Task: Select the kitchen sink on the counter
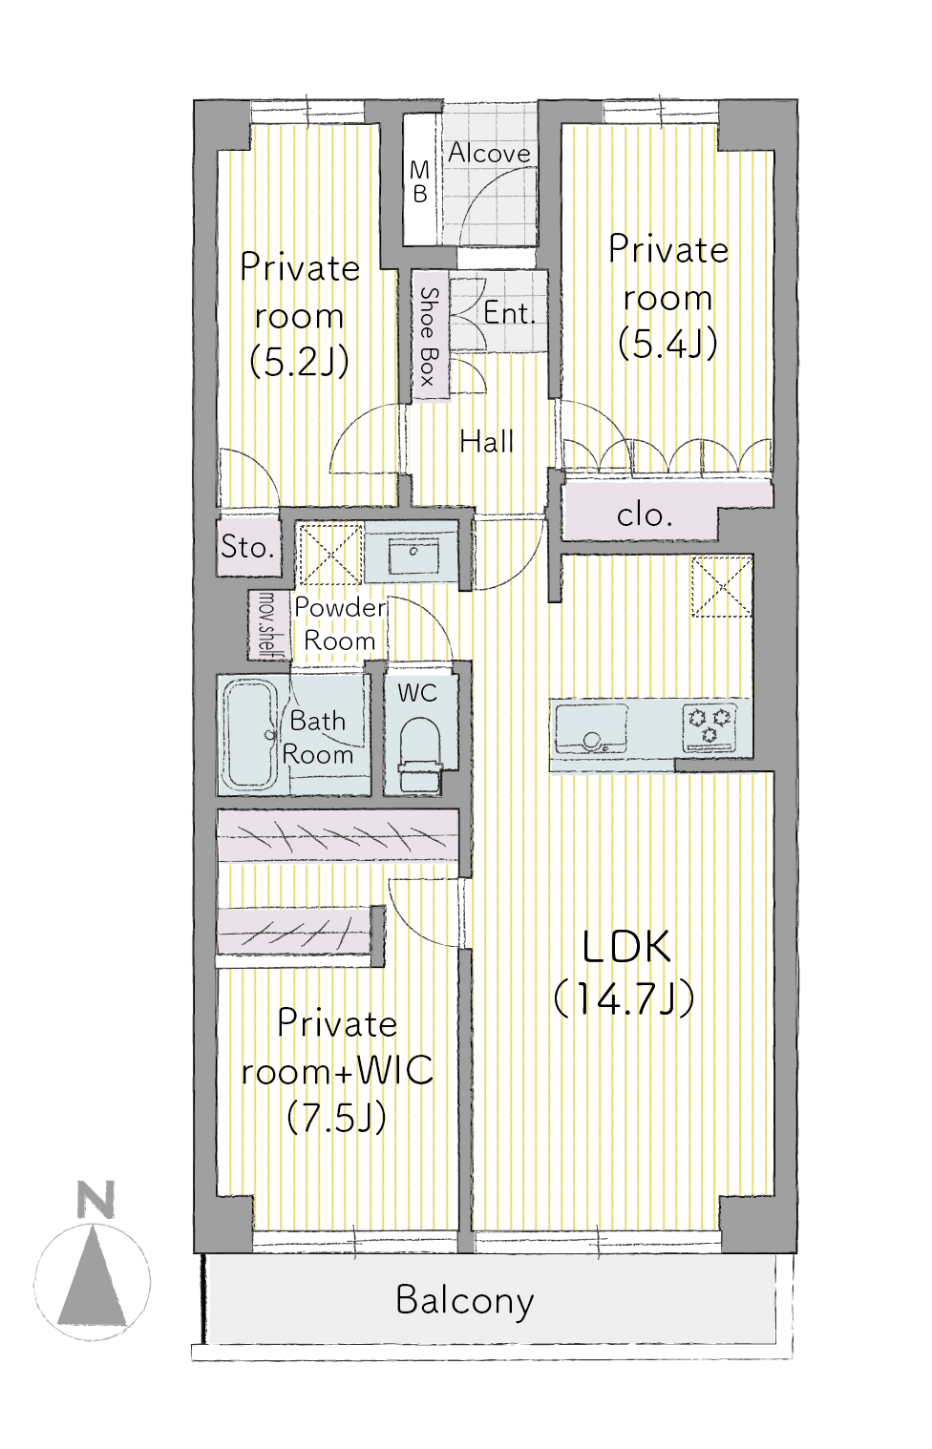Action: (x=591, y=729)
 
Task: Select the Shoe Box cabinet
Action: (x=431, y=335)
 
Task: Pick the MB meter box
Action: (x=420, y=179)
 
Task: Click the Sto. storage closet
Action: (x=249, y=548)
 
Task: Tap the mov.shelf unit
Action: (x=267, y=625)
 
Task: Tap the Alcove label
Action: (x=489, y=153)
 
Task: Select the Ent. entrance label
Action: (x=509, y=313)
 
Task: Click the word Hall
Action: (x=487, y=442)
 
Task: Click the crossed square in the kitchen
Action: (x=722, y=586)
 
